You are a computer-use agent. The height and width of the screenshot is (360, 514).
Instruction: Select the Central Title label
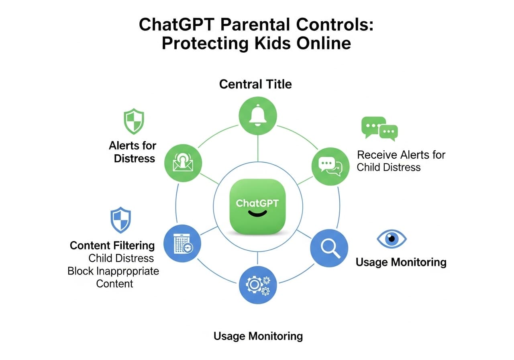coord(255,84)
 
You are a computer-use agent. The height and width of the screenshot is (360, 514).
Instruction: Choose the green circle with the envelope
coord(183,164)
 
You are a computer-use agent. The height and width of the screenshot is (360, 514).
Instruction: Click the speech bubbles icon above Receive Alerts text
coord(379,128)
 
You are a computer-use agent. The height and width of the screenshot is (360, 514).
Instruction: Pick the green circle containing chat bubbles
coord(330,166)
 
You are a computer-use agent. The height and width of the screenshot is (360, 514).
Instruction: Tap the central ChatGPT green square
coord(257,205)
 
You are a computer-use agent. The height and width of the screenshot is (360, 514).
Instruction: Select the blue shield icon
coord(120,220)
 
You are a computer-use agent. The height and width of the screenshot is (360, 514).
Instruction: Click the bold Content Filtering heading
coord(112,245)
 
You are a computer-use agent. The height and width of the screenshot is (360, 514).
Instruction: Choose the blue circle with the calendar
coord(183,244)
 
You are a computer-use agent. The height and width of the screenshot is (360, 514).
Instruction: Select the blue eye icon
coord(392,239)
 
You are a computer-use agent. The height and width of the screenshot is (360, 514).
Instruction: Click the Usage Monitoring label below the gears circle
coord(258,336)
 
